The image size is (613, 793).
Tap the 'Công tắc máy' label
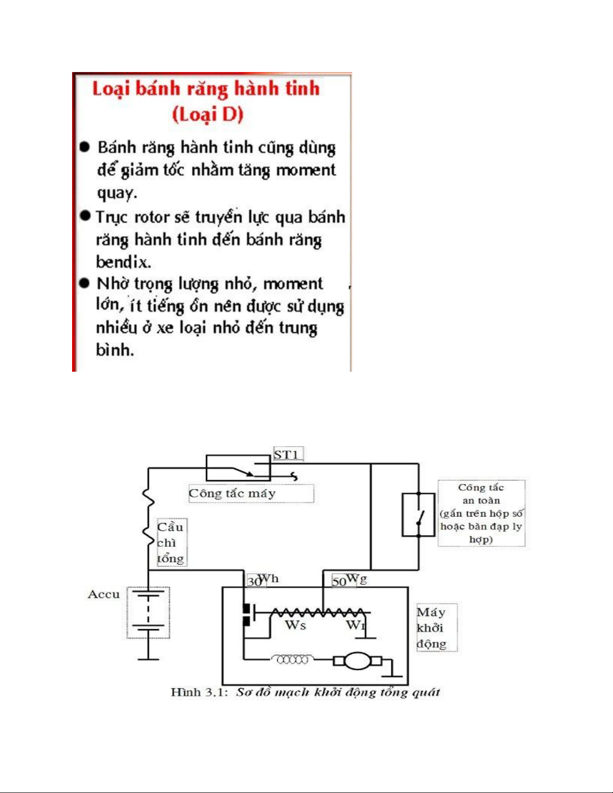(x=232, y=493)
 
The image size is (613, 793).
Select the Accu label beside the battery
(x=104, y=594)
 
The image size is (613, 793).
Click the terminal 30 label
(x=253, y=581)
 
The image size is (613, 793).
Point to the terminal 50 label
(x=339, y=581)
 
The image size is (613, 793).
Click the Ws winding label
(x=296, y=625)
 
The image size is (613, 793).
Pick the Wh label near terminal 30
(x=269, y=578)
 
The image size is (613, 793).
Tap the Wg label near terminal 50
(x=356, y=578)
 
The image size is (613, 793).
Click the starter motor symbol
(x=358, y=661)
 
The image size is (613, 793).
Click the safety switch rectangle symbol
(x=418, y=514)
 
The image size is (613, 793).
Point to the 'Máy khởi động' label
(x=431, y=628)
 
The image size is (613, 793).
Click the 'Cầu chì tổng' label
(x=171, y=543)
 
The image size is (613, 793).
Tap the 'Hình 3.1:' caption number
(x=199, y=692)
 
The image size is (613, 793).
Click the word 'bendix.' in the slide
(x=123, y=262)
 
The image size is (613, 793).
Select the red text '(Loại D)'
(x=208, y=115)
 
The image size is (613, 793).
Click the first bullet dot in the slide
(x=85, y=147)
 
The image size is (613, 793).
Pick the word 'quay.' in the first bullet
(x=117, y=193)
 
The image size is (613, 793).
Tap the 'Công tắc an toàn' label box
(x=481, y=513)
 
